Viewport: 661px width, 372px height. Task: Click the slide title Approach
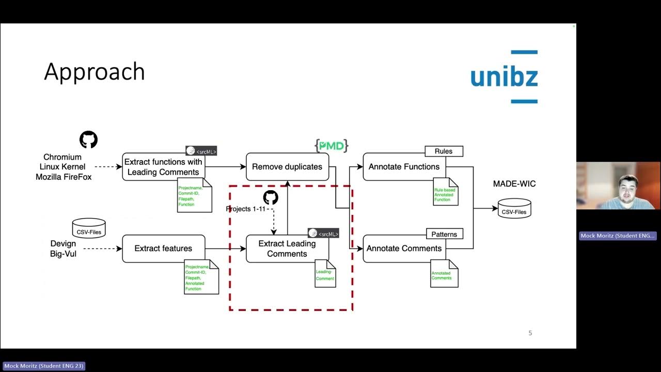94,71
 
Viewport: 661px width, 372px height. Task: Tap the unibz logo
504,77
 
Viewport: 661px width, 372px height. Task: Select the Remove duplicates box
287,167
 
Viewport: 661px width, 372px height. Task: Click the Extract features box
163,249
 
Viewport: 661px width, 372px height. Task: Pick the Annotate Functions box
404,167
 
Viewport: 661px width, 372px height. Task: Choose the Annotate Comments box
404,249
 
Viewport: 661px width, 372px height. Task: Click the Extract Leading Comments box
287,249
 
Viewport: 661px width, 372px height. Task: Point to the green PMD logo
331,146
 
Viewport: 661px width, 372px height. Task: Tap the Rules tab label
444,151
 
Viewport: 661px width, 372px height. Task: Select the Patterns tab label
444,234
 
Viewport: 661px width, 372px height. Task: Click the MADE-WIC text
514,184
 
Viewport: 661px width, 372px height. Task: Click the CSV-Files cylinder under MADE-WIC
514,209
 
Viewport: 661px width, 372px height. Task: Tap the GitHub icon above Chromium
88,139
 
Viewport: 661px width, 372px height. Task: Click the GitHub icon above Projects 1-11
271,197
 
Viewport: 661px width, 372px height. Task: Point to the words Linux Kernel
62,167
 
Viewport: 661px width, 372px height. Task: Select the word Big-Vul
63,254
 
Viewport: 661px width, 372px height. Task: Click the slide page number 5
530,333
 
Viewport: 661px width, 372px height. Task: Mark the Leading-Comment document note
325,274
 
